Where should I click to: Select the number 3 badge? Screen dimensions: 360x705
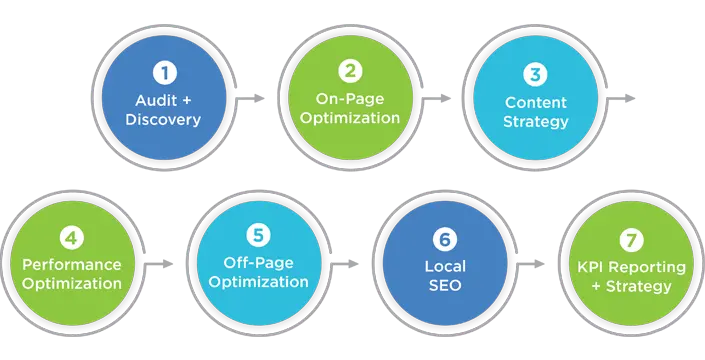(537, 74)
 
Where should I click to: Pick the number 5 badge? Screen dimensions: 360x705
(259, 236)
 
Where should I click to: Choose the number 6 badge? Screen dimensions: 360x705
(445, 241)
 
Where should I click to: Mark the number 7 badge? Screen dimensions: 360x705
(633, 240)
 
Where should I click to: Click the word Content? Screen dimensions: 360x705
(537, 102)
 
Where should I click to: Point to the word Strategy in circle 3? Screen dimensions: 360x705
(537, 122)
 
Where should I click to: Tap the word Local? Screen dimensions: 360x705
(445, 268)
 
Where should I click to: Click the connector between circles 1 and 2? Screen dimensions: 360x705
(256, 96)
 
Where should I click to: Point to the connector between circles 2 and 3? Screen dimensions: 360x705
(444, 96)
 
